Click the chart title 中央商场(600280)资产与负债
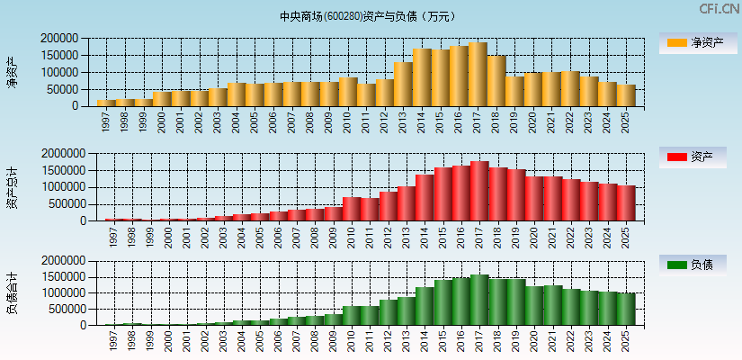point(368,16)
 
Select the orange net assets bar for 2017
point(478,75)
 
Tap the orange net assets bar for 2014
point(422,77)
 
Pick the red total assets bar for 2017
point(478,191)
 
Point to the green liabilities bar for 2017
point(478,300)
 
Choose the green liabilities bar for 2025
point(626,309)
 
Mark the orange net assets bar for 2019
point(514,91)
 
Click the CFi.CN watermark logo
point(719,8)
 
